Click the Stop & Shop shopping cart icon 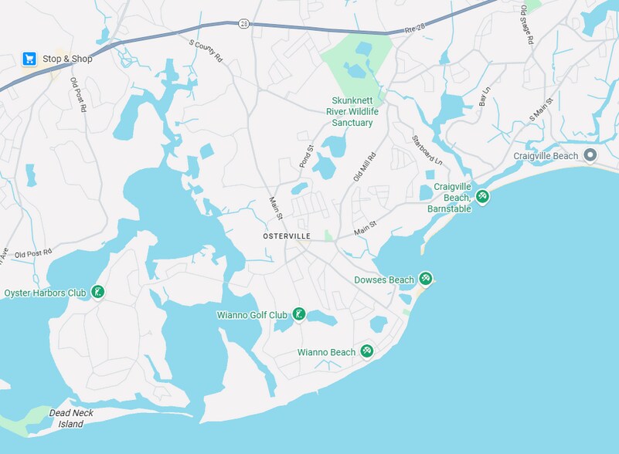coord(29,59)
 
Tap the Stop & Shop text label coord(67,59)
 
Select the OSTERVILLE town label coord(286,235)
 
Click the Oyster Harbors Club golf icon coord(98,292)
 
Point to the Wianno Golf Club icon coord(299,314)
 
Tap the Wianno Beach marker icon coord(367,352)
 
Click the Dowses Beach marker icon coord(425,279)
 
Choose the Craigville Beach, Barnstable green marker coord(482,197)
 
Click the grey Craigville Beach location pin coord(590,156)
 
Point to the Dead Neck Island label coord(71,418)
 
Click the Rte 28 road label coord(415,29)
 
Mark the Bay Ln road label coord(485,97)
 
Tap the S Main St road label coord(542,110)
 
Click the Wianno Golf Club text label coord(252,315)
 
